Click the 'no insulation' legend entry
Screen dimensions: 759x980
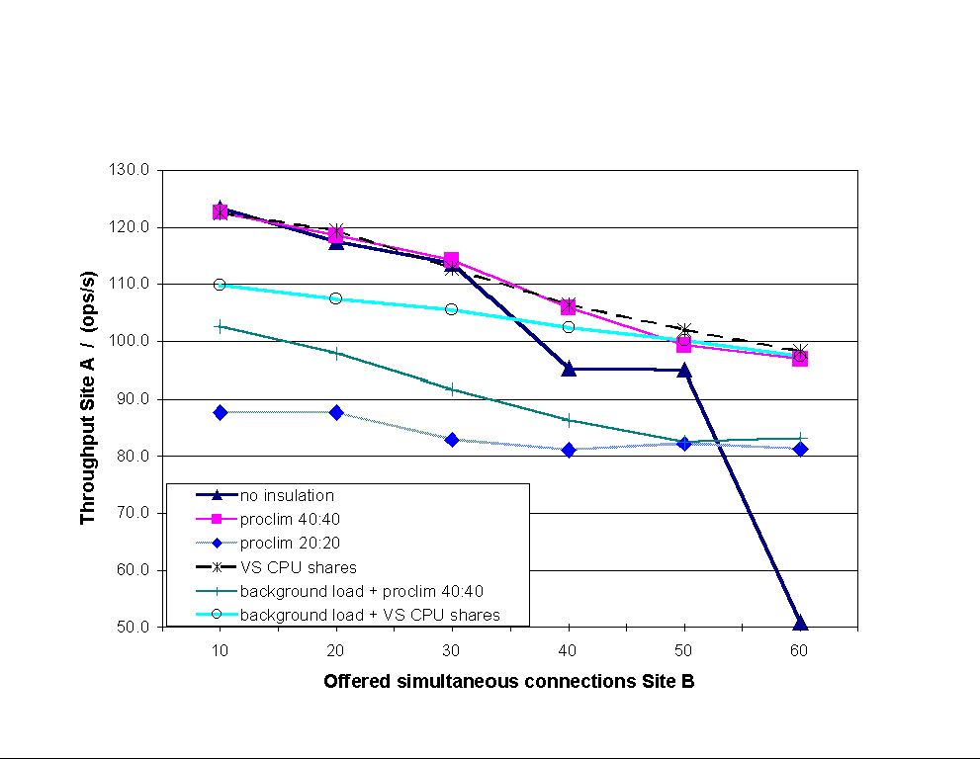coord(287,496)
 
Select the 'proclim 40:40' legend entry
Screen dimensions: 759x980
coord(286,520)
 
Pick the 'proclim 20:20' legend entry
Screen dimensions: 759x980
coord(286,544)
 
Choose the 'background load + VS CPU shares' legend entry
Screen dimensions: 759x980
coord(369,615)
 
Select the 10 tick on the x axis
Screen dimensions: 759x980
coord(220,648)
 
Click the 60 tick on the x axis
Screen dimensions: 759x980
coord(800,648)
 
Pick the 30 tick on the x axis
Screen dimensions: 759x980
coord(452,648)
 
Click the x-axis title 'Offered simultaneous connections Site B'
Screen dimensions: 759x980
coord(509,682)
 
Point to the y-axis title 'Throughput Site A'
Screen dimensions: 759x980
coord(89,396)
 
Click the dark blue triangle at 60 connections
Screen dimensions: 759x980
coord(800,623)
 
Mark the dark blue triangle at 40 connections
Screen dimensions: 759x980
coord(569,369)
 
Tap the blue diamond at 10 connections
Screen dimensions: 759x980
coord(220,412)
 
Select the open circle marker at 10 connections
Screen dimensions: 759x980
coord(220,285)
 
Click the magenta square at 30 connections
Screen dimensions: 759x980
coord(452,260)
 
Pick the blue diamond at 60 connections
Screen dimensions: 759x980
coord(800,449)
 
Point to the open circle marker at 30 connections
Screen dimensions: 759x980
coord(452,309)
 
